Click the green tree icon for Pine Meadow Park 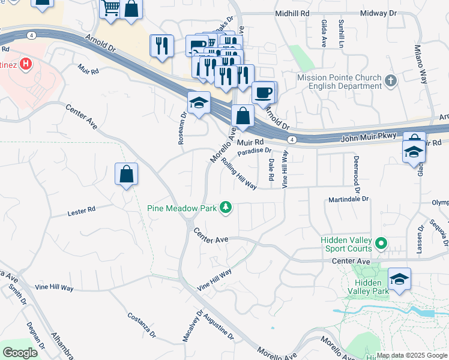226,208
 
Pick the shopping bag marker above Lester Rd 126,175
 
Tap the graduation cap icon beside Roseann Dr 199,103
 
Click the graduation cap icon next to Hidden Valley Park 399,279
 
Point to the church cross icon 391,81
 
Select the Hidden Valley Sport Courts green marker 380,243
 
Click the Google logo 20,353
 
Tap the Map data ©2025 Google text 412,355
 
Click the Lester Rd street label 82,211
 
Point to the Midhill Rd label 292,13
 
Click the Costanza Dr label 142,325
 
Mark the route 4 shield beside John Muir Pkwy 291,139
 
